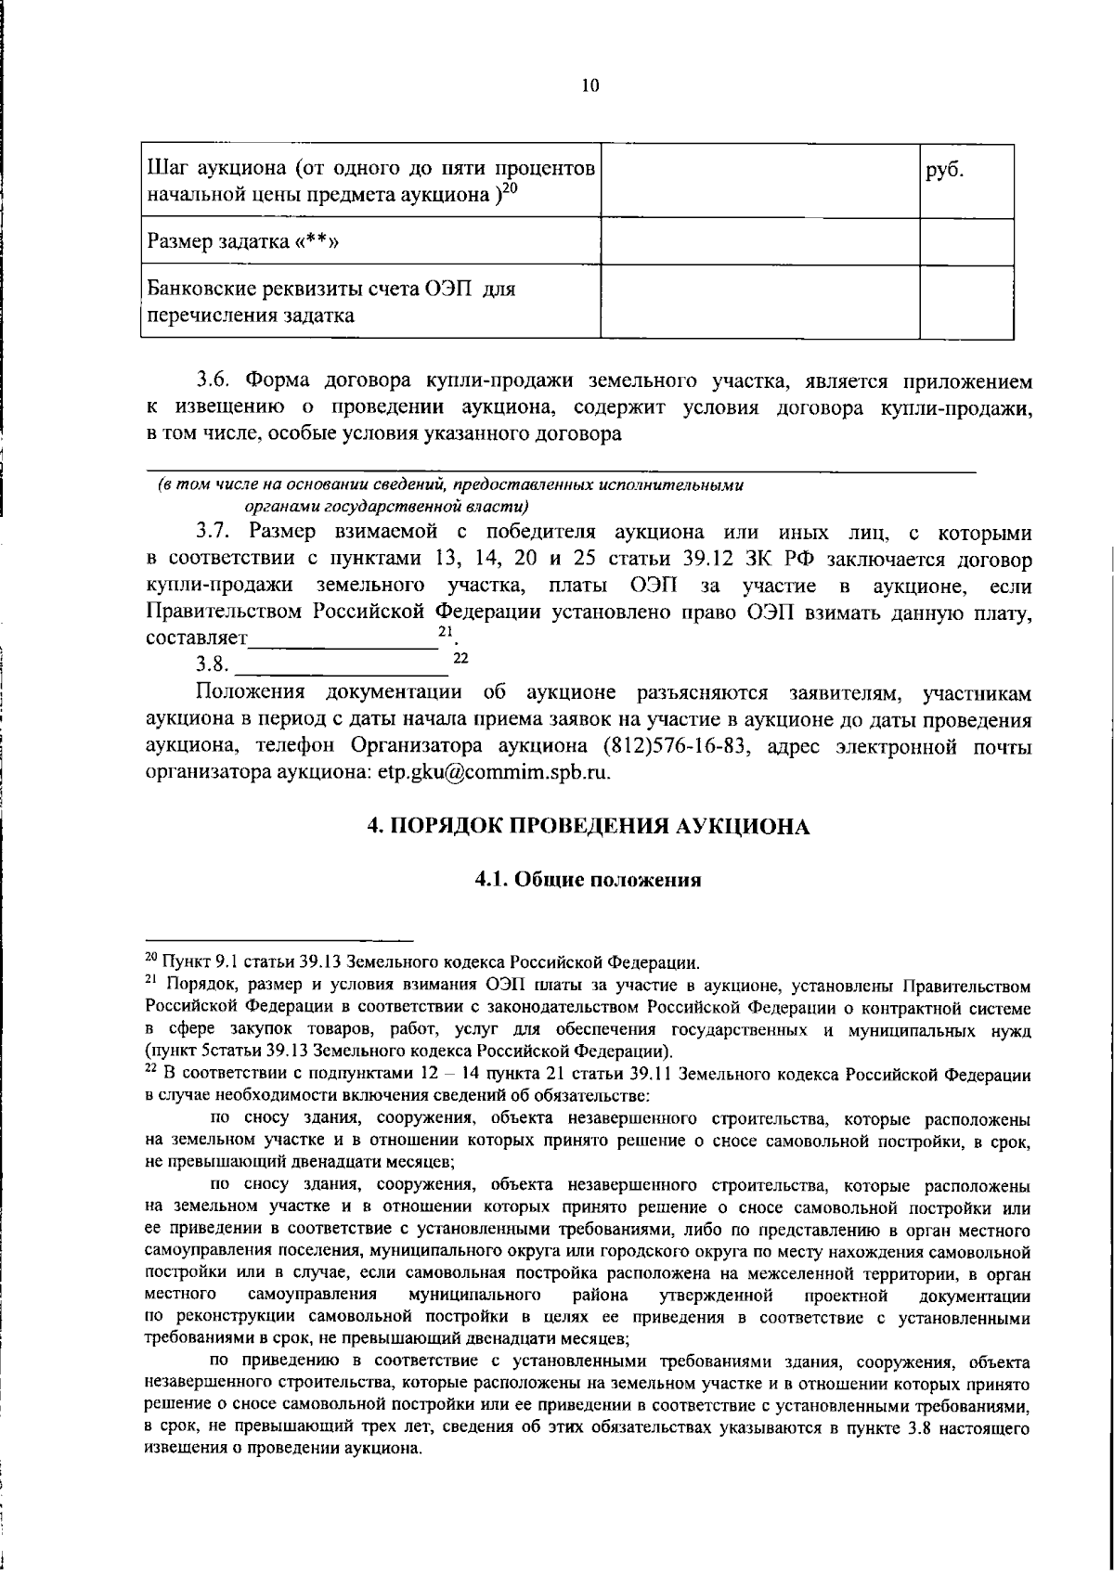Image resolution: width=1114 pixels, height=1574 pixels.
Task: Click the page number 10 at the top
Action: pos(589,86)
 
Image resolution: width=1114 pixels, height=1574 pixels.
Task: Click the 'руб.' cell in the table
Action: pos(945,172)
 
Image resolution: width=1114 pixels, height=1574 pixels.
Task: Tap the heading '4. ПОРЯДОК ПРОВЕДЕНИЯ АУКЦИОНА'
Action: pos(589,826)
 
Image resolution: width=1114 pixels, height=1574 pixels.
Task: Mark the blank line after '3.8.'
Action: pos(342,666)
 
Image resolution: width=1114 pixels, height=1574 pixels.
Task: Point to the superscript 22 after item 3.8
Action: pos(460,658)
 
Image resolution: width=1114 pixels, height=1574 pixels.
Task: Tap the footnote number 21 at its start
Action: pos(151,981)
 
